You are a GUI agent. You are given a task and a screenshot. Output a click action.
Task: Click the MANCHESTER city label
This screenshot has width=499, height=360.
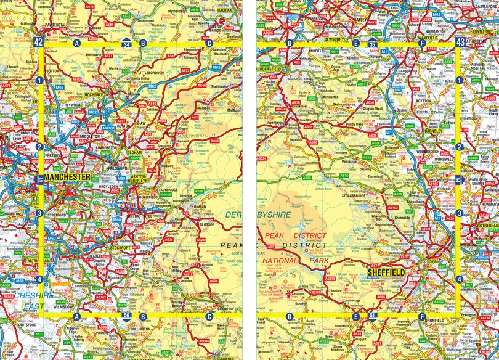pos(68,177)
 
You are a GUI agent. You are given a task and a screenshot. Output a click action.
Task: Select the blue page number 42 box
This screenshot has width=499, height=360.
pos(39,42)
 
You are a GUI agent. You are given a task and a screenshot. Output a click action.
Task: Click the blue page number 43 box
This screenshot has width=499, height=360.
pos(460,42)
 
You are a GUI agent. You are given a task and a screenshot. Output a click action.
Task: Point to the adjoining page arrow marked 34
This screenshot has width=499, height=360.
pos(126,44)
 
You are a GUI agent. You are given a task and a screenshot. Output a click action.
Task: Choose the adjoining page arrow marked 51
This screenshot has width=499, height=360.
pos(372,316)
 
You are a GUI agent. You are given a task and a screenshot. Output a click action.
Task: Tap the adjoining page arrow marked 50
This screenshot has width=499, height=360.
pos(126,316)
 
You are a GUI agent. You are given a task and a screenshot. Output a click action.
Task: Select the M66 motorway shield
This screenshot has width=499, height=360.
pos(59,88)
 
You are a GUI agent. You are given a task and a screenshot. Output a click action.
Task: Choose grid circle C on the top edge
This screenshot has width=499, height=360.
pos(209,43)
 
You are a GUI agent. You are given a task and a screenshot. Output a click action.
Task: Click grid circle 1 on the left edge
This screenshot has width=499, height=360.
pos(39,80)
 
